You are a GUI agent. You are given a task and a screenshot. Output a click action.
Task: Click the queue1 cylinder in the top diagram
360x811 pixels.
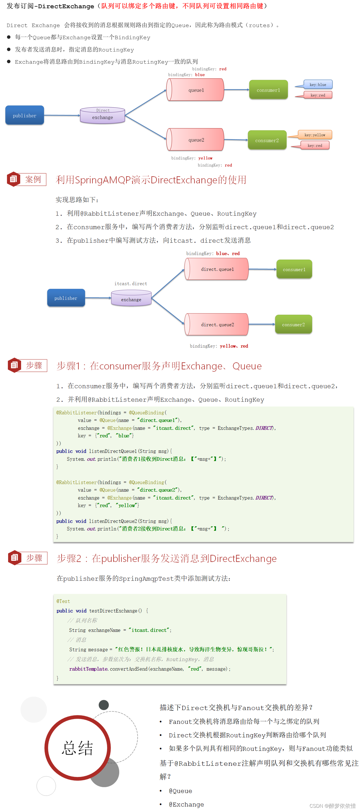196,90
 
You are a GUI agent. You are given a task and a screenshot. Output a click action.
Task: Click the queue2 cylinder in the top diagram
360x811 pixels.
196,140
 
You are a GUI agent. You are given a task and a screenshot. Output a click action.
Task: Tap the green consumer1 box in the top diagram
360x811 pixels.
268,90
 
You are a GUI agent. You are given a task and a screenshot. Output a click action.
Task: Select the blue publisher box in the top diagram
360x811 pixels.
25,116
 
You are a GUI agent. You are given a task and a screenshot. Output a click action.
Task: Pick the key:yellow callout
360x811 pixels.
314,135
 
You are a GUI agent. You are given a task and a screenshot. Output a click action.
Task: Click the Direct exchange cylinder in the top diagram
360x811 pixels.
103,116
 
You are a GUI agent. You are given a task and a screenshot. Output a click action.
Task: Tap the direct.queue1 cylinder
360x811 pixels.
217,269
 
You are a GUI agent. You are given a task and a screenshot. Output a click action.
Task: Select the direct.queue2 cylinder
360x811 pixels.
217,325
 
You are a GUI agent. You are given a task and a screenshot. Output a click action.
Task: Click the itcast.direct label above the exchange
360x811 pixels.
131,284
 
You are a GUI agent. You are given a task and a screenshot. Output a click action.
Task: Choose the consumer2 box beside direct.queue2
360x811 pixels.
293,325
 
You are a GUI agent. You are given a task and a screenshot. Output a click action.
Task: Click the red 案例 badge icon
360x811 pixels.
13,179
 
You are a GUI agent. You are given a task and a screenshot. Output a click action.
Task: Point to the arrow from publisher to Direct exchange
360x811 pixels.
62,116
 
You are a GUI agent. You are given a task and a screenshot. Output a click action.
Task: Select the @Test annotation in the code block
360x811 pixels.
63,601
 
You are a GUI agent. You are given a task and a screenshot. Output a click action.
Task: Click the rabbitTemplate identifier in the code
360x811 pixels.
89,669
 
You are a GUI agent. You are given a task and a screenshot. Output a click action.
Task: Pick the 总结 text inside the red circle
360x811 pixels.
77,748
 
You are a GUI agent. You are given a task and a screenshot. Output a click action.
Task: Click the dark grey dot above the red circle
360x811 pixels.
104,705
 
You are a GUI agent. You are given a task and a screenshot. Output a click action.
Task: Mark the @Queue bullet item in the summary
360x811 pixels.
180,791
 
